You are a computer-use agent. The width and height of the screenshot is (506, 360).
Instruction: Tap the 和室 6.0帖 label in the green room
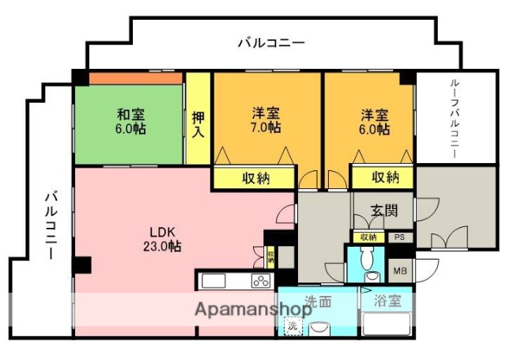point(130,120)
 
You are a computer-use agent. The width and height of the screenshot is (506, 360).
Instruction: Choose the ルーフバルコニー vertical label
point(455,119)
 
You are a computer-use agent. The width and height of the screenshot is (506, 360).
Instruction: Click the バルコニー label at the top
point(271,43)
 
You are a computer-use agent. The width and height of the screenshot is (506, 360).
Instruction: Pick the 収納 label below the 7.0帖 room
point(255,178)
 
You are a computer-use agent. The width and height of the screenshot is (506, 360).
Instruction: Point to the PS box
point(399,237)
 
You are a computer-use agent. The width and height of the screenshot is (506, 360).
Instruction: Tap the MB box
point(401,271)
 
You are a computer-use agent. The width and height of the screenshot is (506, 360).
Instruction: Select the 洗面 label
point(319,301)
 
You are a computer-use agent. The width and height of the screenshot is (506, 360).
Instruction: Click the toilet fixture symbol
point(365,261)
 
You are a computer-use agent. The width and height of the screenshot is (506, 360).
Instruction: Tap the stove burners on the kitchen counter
point(261,281)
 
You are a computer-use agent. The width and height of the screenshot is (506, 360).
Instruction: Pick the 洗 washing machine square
point(292,326)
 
